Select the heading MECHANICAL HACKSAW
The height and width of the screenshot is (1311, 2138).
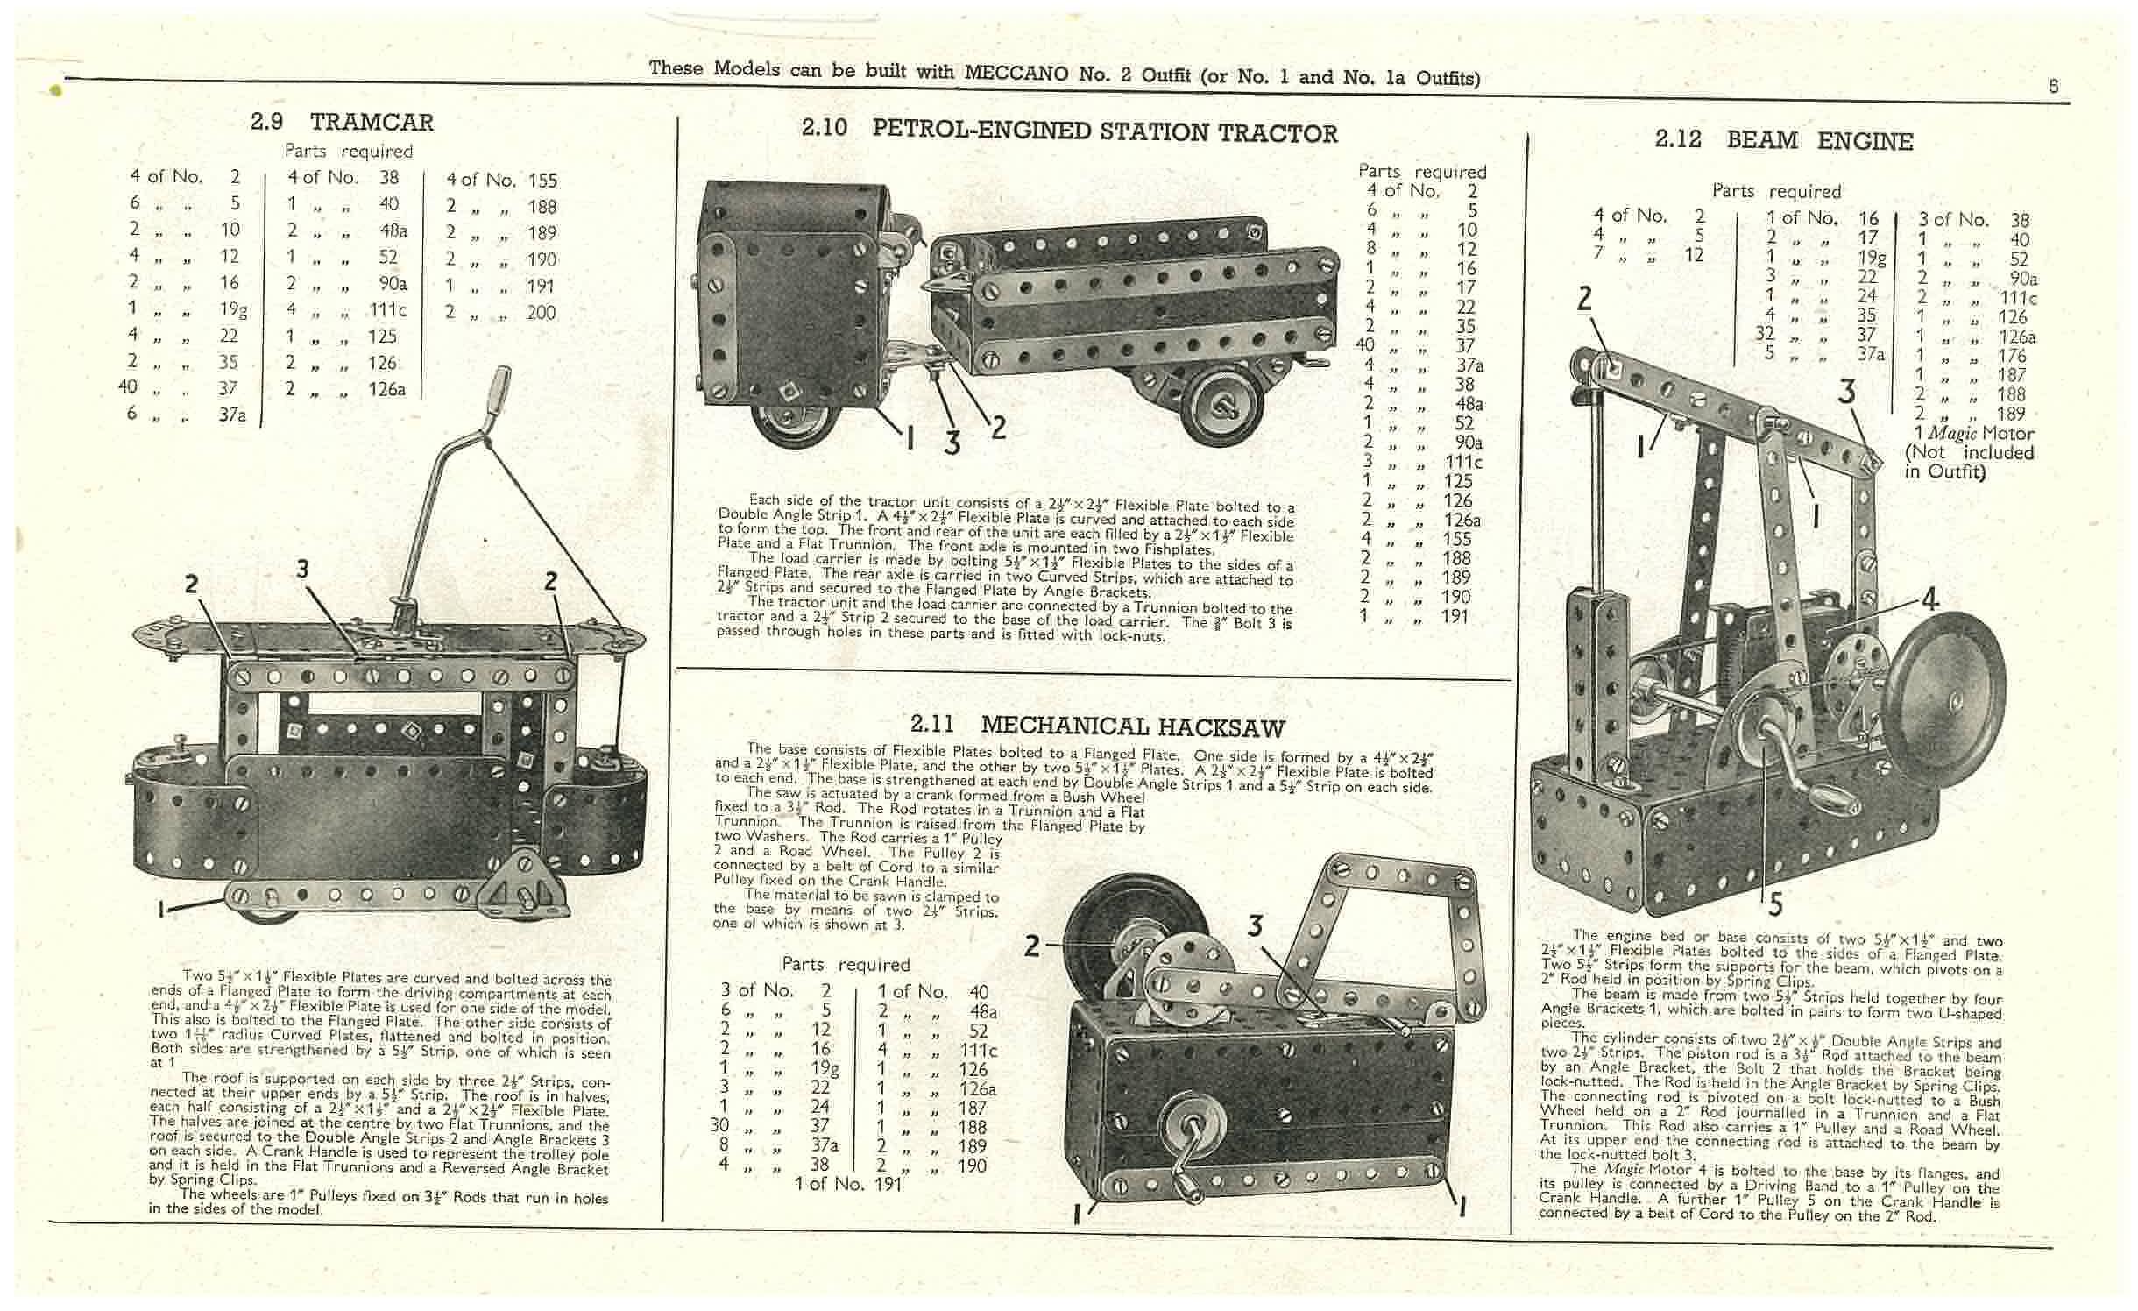[x=1132, y=726]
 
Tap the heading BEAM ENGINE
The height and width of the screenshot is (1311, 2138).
[x=1820, y=140]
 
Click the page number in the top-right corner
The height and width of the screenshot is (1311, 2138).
[x=2053, y=86]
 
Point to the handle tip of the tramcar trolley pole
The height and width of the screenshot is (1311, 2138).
[x=500, y=383]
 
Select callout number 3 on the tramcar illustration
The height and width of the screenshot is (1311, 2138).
[x=302, y=569]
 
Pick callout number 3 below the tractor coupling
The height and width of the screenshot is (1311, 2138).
[x=952, y=443]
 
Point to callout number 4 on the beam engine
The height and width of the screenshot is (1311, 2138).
[x=1929, y=599]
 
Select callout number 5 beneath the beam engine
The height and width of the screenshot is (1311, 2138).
[x=1774, y=903]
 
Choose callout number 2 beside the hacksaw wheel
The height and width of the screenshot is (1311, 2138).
[x=1033, y=946]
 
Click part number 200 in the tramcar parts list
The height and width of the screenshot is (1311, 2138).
[x=542, y=312]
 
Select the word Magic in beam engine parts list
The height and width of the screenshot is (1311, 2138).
[x=1951, y=433]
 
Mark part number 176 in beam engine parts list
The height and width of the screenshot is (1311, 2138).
[x=2012, y=355]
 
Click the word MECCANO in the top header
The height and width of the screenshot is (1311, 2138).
[x=1017, y=73]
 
